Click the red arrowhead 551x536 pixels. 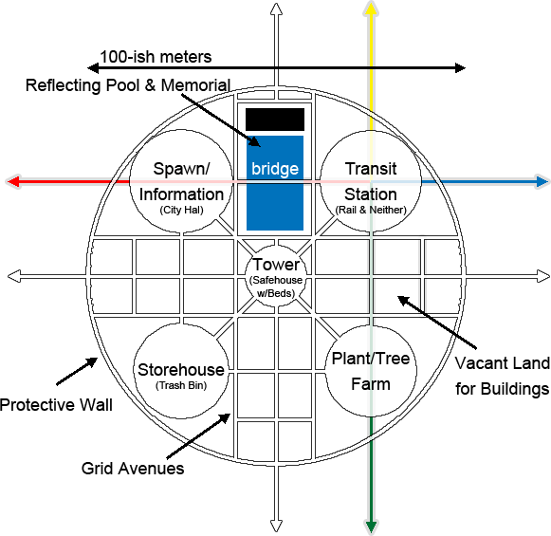(x=13, y=182)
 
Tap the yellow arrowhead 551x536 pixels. (x=371, y=9)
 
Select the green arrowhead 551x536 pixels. (x=371, y=527)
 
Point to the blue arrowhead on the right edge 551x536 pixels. (x=542, y=182)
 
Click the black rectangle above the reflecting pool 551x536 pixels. (x=275, y=120)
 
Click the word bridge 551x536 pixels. (x=275, y=169)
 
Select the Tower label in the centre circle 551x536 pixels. (x=276, y=265)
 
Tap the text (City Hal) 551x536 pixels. (x=181, y=210)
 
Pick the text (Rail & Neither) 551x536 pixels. (x=371, y=210)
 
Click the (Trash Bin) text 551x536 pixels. (x=181, y=385)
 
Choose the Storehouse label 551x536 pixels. (x=181, y=370)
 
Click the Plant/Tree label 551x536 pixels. (x=371, y=359)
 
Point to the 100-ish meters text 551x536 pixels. (x=156, y=57)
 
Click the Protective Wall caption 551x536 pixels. (x=56, y=405)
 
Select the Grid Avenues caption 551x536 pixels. (x=133, y=469)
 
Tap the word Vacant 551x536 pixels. (x=481, y=363)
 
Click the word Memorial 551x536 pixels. (x=195, y=85)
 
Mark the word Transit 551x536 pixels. (x=371, y=169)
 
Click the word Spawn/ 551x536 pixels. (x=181, y=169)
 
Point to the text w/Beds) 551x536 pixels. (x=276, y=293)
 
